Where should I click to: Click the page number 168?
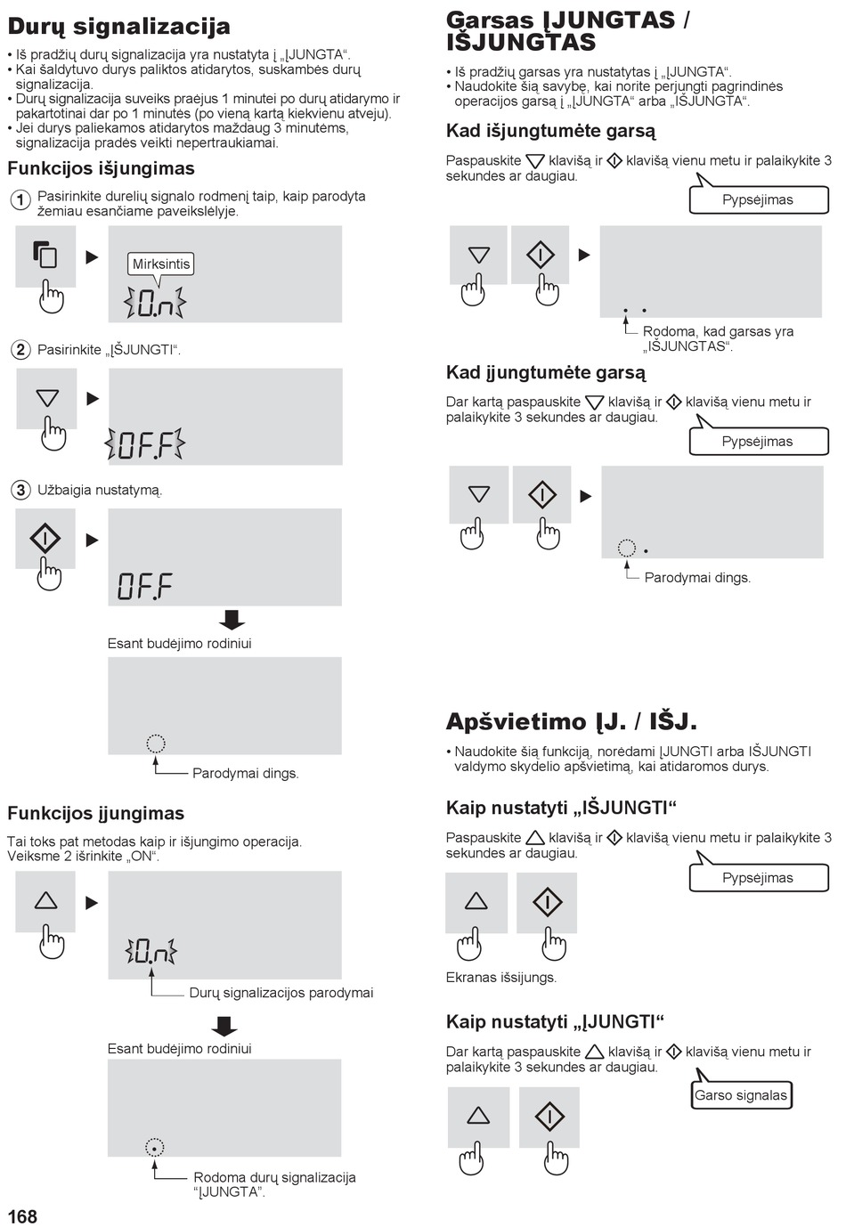point(22,1216)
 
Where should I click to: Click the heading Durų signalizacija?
point(119,28)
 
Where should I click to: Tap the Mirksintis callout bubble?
point(161,264)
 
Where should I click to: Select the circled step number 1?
point(20,200)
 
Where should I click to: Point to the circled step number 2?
point(20,349)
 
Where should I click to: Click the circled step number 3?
point(20,490)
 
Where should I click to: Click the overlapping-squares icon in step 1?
point(45,254)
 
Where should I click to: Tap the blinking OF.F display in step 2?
point(144,444)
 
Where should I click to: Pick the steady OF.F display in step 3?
point(144,586)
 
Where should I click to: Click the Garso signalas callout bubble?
point(741,1095)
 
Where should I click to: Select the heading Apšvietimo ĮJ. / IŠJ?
point(572,722)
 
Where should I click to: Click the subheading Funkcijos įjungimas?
point(96,814)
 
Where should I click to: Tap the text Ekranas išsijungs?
point(501,978)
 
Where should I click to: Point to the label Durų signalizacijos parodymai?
point(281,993)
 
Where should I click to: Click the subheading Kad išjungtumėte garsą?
point(550,132)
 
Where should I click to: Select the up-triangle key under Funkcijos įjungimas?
point(45,900)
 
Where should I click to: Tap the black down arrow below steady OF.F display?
point(232,620)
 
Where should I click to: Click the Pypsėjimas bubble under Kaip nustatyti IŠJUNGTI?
point(759,878)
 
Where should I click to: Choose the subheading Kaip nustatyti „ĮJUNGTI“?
point(555,1022)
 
